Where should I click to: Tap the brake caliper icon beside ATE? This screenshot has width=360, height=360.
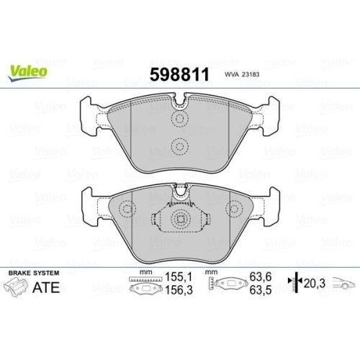[17, 289]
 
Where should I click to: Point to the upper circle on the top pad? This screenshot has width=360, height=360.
[179, 117]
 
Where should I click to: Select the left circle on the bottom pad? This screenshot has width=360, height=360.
[127, 210]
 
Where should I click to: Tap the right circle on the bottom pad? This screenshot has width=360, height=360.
[233, 210]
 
